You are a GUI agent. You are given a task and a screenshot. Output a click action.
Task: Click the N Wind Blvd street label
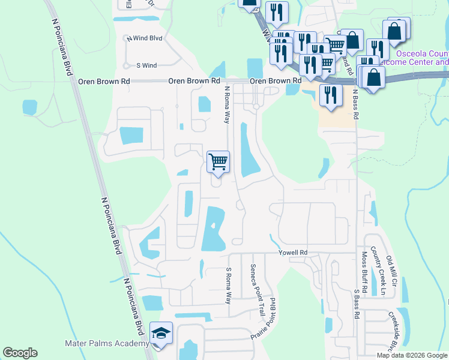[x=145, y=38]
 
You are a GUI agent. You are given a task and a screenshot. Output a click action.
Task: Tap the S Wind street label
[x=146, y=65]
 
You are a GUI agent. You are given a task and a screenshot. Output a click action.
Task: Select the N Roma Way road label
[x=228, y=104]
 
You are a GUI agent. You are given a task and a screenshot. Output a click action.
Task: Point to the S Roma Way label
[x=228, y=286]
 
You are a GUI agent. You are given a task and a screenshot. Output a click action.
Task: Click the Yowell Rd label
[x=293, y=253]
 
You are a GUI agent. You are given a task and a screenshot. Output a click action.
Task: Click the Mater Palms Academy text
[x=106, y=343]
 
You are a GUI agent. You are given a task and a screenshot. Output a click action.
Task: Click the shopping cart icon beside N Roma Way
[x=218, y=161]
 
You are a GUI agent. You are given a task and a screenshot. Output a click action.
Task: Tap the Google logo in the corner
[x=20, y=353]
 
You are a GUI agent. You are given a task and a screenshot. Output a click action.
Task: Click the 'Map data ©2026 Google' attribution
[x=412, y=355]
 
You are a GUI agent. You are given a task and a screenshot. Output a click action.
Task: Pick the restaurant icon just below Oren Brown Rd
[x=331, y=95]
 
